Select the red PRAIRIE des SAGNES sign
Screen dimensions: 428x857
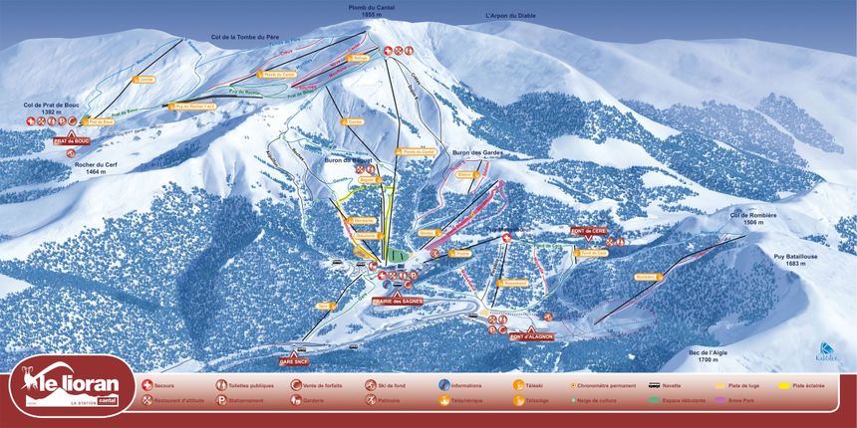tap(397, 300)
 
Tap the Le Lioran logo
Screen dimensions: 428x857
tap(71, 387)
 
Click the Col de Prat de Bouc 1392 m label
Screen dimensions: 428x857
tap(51, 107)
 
